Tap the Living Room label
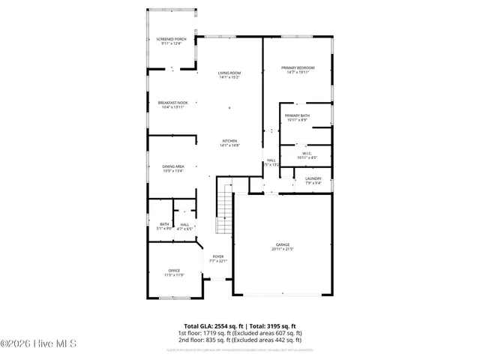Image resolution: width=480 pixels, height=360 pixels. pos(229,73)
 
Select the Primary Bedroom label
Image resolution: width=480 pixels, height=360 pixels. pos(298,68)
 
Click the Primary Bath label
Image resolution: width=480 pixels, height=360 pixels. pos(297,115)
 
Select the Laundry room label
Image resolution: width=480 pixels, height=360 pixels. pos(313,178)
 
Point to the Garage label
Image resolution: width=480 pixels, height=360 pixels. pos(282,244)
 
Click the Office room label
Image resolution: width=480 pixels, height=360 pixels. pos(174,271)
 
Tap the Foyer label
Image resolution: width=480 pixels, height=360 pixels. pos(217,256)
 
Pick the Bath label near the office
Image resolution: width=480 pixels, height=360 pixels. pos(164,223)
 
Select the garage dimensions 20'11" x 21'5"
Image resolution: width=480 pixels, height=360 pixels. pos(282,249)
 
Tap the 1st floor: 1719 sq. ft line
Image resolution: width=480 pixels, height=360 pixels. pos(240,332)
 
